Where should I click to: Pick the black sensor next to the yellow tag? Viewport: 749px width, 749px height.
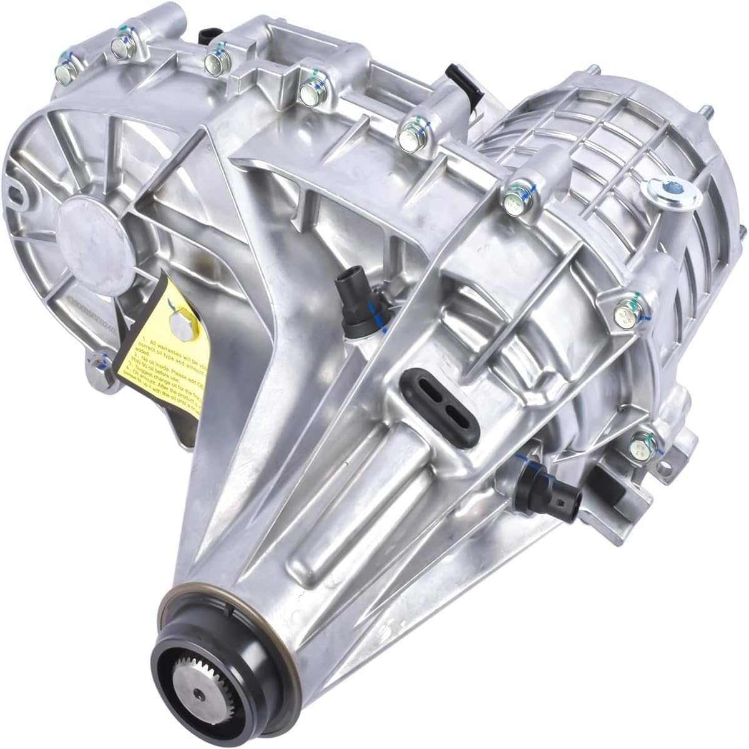(x=355, y=291)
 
